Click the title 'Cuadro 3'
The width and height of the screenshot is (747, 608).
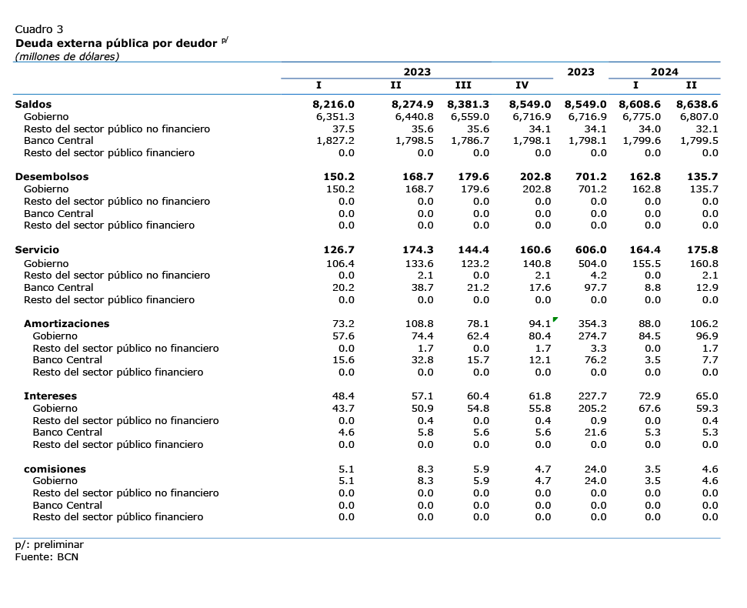(x=39, y=29)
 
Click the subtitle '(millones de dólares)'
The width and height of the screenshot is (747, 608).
(x=67, y=57)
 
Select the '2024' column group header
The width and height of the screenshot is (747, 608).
(x=664, y=72)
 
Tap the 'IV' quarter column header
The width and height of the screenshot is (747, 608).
(x=522, y=85)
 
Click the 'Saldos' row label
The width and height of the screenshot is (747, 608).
(x=33, y=105)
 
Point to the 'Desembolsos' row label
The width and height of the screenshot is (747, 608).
(x=52, y=177)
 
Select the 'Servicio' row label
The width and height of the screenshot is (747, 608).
(x=37, y=249)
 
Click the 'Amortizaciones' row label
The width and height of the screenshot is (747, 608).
(x=67, y=323)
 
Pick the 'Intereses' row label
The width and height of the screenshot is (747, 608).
(x=51, y=396)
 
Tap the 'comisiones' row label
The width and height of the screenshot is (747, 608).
(x=55, y=469)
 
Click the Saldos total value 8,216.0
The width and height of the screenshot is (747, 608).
(x=333, y=105)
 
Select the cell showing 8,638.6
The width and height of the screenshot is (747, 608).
(x=698, y=105)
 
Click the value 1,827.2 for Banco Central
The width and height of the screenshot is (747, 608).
(x=335, y=141)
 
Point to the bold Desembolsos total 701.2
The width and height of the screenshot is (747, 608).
(x=591, y=177)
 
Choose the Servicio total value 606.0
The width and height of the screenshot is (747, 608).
(x=591, y=249)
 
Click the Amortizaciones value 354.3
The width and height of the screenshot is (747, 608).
(x=592, y=323)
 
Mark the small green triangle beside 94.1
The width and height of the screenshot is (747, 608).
(x=555, y=319)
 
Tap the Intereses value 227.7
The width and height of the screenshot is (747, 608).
(x=592, y=396)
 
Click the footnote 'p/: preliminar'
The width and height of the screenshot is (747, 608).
(x=49, y=545)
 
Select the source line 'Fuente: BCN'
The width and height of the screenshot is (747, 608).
(x=47, y=557)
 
